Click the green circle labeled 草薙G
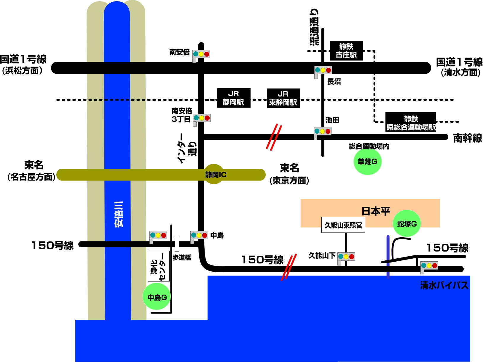coord(367,162)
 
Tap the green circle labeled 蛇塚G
coord(407,224)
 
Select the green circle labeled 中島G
coord(157,297)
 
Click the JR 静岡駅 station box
coord(234,98)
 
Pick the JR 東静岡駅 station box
coord(283,98)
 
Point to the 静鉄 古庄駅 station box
coord(346,51)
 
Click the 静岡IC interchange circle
coord(214,174)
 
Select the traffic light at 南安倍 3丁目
coord(202,118)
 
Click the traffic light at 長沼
coord(323,70)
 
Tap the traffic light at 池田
coord(322,131)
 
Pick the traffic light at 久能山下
coord(346,257)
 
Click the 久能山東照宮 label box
coord(343,225)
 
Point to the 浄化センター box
coord(159,266)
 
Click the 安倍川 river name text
coord(119,214)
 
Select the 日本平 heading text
coord(376,211)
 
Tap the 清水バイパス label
coord(444,285)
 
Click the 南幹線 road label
coord(467,138)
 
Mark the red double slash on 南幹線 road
coord(274,137)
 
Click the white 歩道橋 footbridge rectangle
coord(177,244)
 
